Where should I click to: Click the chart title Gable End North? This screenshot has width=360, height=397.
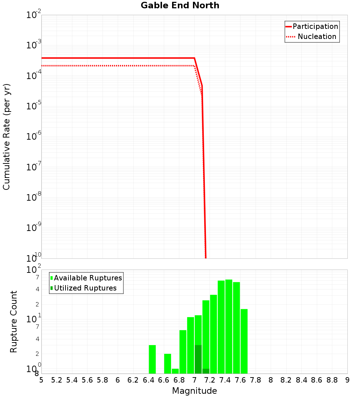(180, 5)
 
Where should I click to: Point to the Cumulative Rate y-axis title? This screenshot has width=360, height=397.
(6, 137)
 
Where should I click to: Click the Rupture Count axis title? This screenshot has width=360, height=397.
(14, 322)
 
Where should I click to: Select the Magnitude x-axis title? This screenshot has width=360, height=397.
(194, 391)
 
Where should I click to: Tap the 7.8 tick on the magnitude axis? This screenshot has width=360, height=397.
(256, 380)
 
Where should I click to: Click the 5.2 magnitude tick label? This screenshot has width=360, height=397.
(57, 380)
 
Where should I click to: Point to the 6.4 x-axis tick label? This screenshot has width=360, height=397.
(148, 380)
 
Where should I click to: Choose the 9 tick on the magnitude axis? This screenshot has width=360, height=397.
(347, 380)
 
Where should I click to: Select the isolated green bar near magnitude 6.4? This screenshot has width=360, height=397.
(152, 359)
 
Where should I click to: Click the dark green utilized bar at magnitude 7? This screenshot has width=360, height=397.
(198, 359)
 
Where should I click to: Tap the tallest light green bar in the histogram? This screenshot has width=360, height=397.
(229, 327)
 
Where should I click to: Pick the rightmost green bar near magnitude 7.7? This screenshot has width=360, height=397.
(244, 341)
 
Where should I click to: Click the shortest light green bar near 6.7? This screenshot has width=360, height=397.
(175, 371)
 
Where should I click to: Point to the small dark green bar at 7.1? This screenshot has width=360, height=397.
(206, 371)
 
